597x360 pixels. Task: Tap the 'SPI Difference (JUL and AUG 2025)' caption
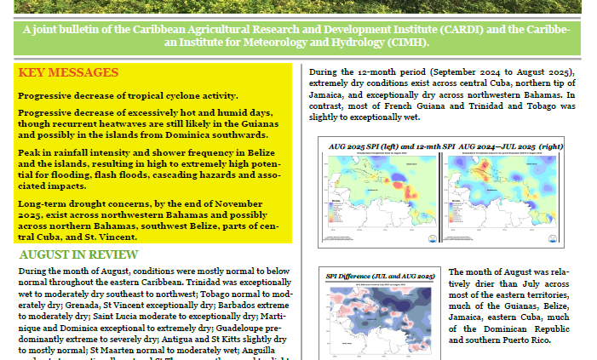pos(380,277)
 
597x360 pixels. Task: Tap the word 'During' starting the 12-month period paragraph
pos(324,71)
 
